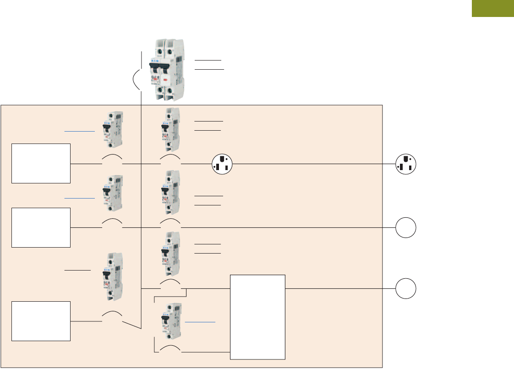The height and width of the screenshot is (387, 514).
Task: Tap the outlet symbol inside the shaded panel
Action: (223, 164)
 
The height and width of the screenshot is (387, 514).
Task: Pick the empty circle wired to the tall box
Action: (406, 289)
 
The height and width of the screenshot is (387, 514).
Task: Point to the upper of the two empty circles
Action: (406, 228)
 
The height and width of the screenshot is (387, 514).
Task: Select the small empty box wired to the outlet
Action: (41, 163)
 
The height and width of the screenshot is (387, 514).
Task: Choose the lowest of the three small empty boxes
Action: (41, 321)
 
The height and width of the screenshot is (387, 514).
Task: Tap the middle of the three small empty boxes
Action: (41, 227)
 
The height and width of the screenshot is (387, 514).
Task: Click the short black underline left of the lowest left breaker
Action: (78, 271)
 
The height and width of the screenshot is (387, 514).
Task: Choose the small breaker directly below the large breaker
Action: (170, 130)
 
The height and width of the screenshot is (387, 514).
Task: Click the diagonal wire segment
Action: (132, 325)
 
